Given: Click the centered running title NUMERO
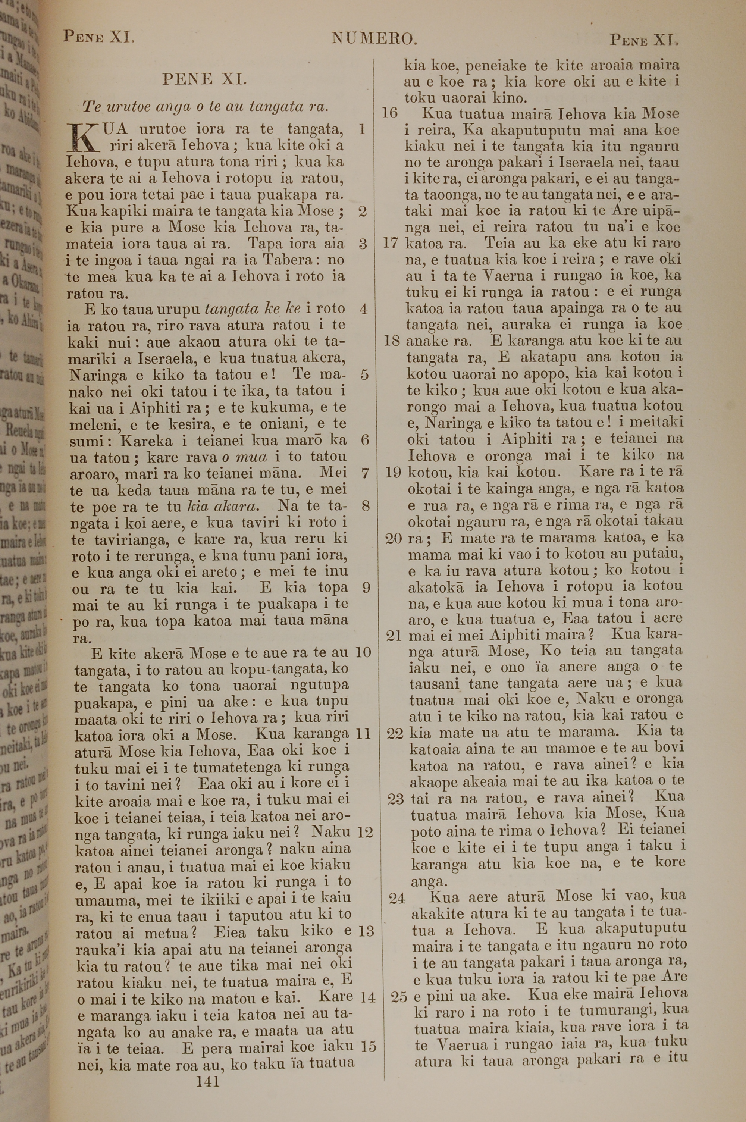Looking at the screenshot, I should pyautogui.click(x=374, y=38).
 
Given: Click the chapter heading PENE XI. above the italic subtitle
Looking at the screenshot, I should pyautogui.click(x=204, y=79).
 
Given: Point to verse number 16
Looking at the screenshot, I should pyautogui.click(x=390, y=113).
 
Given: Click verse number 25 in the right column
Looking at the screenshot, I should pyautogui.click(x=399, y=996).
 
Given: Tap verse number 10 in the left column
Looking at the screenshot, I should pyautogui.click(x=363, y=652).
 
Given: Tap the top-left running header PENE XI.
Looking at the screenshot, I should pyautogui.click(x=99, y=37).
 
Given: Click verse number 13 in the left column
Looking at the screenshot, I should pyautogui.click(x=366, y=931).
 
